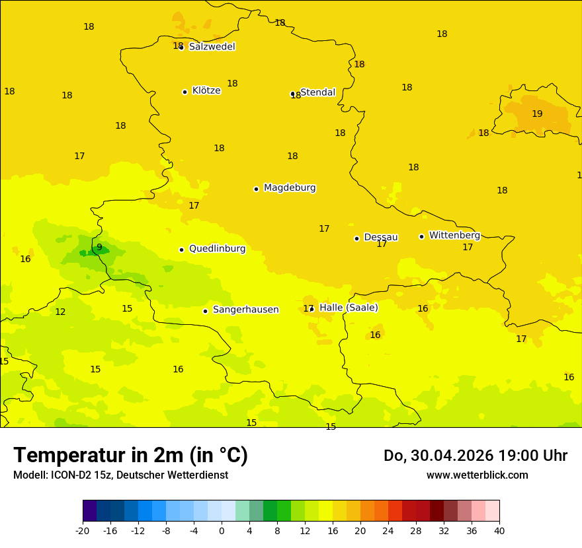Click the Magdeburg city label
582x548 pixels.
point(289,188)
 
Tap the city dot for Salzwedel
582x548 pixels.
point(181,48)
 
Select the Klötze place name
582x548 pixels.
point(206,90)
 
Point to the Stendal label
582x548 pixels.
point(318,92)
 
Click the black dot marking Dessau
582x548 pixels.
point(356,238)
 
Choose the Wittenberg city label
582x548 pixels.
point(454,235)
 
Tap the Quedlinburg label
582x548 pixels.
point(217,249)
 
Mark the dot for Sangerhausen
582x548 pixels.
point(205,311)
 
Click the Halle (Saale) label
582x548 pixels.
point(349,308)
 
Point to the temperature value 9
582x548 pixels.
point(99,248)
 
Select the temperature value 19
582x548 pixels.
point(537,114)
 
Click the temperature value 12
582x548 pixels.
point(60,312)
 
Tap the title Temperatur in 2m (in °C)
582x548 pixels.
point(130,456)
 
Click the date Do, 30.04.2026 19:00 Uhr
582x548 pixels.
point(475,456)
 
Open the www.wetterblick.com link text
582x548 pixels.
point(477,475)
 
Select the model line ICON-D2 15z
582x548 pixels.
point(120,475)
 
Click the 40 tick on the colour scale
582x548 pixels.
point(499,531)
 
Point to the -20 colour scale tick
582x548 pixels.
point(83,531)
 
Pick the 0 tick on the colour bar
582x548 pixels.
point(222,531)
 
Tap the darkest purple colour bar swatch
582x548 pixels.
point(89,511)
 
